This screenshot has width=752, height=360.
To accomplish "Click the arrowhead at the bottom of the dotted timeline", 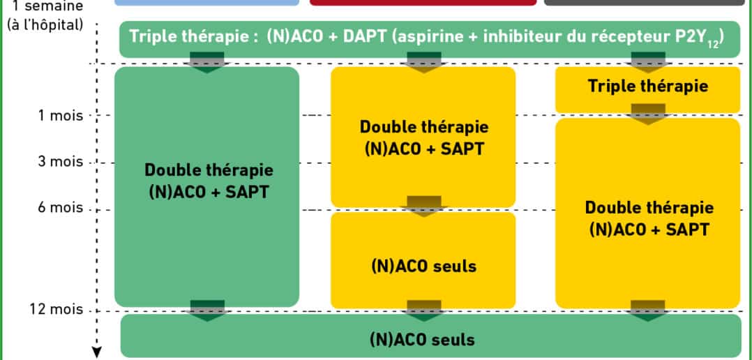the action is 97,353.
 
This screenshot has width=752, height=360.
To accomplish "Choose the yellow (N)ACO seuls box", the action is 423,261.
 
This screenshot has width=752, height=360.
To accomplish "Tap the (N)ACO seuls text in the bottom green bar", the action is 423,339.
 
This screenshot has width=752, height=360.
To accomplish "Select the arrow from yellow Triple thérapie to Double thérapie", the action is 648,114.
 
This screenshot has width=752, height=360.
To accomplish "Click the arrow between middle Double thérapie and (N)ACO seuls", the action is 423,207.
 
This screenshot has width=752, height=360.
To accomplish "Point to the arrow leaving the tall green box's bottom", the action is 208,310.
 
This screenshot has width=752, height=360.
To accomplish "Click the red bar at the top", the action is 423,2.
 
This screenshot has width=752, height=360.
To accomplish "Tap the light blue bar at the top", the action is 206,2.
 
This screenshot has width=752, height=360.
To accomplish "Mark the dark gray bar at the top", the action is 645,2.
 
